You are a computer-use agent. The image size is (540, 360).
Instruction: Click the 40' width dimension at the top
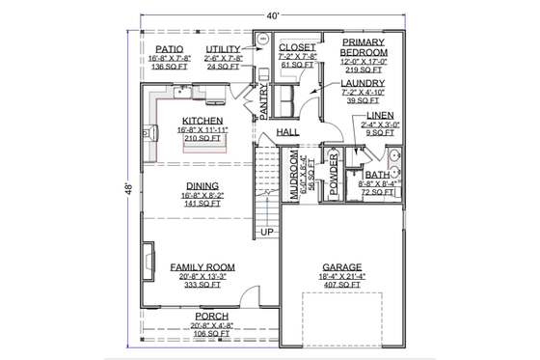(273, 15)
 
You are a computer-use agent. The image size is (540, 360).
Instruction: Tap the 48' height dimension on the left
(128, 191)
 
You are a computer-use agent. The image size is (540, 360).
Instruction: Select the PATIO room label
(170, 48)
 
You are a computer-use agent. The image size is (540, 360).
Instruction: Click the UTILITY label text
(222, 48)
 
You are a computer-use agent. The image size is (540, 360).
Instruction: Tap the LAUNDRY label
(363, 84)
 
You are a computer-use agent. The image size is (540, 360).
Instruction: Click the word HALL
(287, 132)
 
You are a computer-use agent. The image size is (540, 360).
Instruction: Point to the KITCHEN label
(201, 121)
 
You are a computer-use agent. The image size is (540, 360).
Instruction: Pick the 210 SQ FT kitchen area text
(201, 139)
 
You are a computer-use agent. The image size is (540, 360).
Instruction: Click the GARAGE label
(342, 267)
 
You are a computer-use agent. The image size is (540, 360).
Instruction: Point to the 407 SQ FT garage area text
(342, 286)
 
